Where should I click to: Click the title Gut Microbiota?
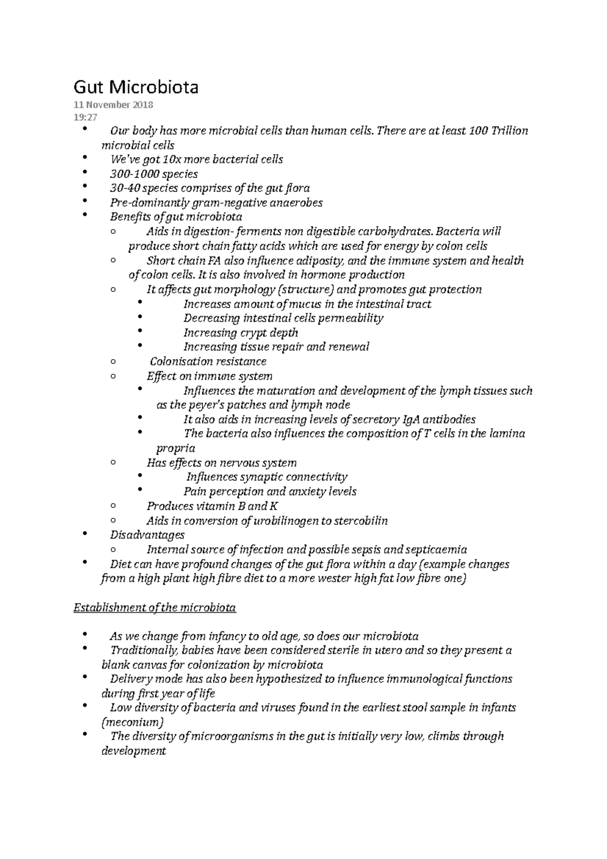click(x=136, y=88)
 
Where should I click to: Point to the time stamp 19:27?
click(x=85, y=118)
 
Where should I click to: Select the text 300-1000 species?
click(x=154, y=174)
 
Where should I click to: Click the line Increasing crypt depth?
click(x=240, y=333)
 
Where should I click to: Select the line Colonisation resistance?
click(x=208, y=362)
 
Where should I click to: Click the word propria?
click(x=175, y=448)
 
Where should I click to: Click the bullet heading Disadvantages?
click(x=147, y=535)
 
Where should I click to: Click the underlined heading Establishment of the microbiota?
click(x=155, y=608)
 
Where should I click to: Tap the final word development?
click(x=134, y=751)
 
